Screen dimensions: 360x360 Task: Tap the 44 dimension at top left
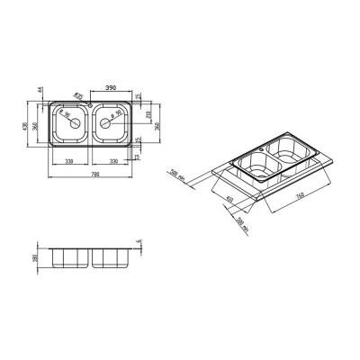[x=41, y=92]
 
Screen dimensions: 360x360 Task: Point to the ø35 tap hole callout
[x=79, y=95]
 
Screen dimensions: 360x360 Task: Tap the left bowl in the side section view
[x=69, y=257]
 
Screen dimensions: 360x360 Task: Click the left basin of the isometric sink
[x=256, y=166]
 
